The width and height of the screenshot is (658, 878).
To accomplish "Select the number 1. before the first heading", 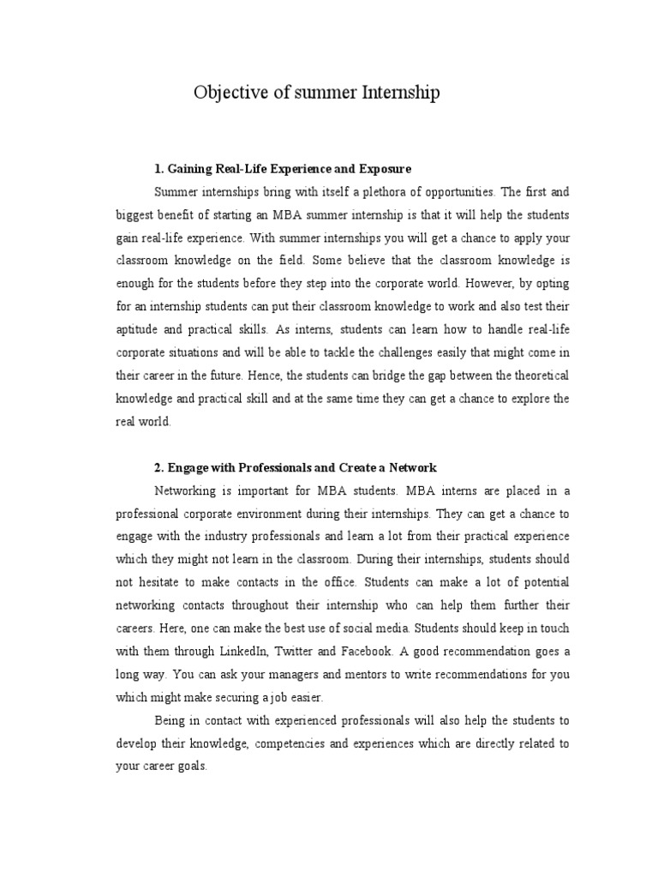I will coord(159,170).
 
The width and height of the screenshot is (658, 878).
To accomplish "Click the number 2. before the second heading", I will coord(159,468).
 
